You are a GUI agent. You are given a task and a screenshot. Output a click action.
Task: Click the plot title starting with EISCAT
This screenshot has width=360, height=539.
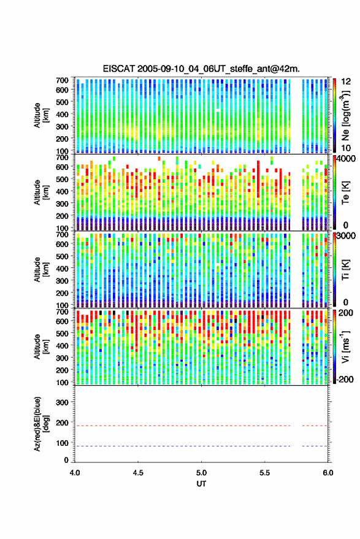pyautogui.click(x=201, y=69)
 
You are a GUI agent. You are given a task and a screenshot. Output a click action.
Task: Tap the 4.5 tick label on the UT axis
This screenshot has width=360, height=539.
pyautogui.click(x=138, y=473)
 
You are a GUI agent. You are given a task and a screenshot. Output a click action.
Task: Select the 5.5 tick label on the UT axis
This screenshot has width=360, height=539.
pyautogui.click(x=265, y=473)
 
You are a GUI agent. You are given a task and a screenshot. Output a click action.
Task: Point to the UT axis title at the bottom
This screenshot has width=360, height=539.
pyautogui.click(x=201, y=484)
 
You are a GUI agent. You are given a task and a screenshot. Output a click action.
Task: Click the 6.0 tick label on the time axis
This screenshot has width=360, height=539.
pyautogui.click(x=327, y=473)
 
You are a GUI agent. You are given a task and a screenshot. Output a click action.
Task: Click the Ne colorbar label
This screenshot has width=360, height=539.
pyautogui.click(x=345, y=115)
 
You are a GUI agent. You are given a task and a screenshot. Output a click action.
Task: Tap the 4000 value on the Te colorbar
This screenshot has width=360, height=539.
pyautogui.click(x=346, y=159)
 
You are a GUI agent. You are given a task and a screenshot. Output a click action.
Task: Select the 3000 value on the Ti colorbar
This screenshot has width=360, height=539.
pyautogui.click(x=346, y=236)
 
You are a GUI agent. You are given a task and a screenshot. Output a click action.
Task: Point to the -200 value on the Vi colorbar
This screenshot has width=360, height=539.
pyautogui.click(x=345, y=379)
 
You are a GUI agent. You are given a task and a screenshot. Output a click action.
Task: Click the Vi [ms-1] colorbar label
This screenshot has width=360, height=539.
pyautogui.click(x=345, y=346)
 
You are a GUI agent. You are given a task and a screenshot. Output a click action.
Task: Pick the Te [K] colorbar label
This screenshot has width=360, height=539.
pyautogui.click(x=345, y=193)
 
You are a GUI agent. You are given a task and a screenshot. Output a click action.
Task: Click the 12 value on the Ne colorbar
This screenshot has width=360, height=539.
pyautogui.click(x=347, y=82)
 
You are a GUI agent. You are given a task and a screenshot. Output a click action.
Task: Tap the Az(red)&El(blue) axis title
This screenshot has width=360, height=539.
pyautogui.click(x=41, y=424)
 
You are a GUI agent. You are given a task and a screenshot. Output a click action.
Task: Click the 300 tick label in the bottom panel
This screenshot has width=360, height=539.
pyautogui.click(x=62, y=402)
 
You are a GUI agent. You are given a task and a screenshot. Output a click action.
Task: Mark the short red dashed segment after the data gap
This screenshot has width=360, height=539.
pyautogui.click(x=315, y=426)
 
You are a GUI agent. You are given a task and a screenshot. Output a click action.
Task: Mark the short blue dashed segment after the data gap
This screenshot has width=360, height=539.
pyautogui.click(x=315, y=446)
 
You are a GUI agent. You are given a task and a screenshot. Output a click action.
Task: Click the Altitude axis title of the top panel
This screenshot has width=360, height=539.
pyautogui.click(x=41, y=115)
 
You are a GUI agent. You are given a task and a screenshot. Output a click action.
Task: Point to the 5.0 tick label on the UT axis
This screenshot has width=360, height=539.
pyautogui.click(x=202, y=473)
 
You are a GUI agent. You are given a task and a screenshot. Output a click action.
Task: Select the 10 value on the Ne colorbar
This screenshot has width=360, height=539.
pyautogui.click(x=347, y=148)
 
